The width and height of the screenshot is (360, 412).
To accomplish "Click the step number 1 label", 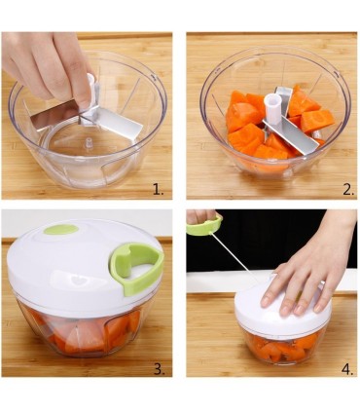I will click(x=158, y=190).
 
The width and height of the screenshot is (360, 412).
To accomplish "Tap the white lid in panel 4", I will click(x=263, y=312).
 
